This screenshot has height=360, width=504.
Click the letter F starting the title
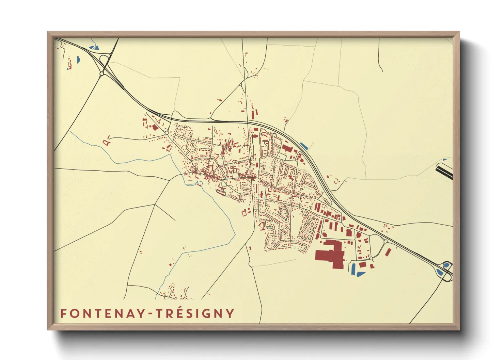tap(63, 313)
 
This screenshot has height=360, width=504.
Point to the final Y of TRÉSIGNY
tap(230, 313)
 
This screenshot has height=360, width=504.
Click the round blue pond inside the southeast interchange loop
tap(446, 265)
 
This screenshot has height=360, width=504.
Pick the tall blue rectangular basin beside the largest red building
tap(353, 269)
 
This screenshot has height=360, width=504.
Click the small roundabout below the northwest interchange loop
tap(101, 73)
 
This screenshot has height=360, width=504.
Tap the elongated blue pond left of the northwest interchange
tap(78, 60)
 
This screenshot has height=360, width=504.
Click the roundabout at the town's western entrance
tap(166, 133)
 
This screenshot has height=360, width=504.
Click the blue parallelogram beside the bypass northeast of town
tap(304, 146)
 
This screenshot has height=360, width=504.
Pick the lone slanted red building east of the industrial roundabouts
tap(388, 252)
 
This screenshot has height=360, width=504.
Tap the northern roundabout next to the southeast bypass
tap(385, 241)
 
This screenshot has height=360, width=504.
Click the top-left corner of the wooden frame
tap(48, 32)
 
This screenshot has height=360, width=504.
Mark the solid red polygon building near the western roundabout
tap(155, 128)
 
